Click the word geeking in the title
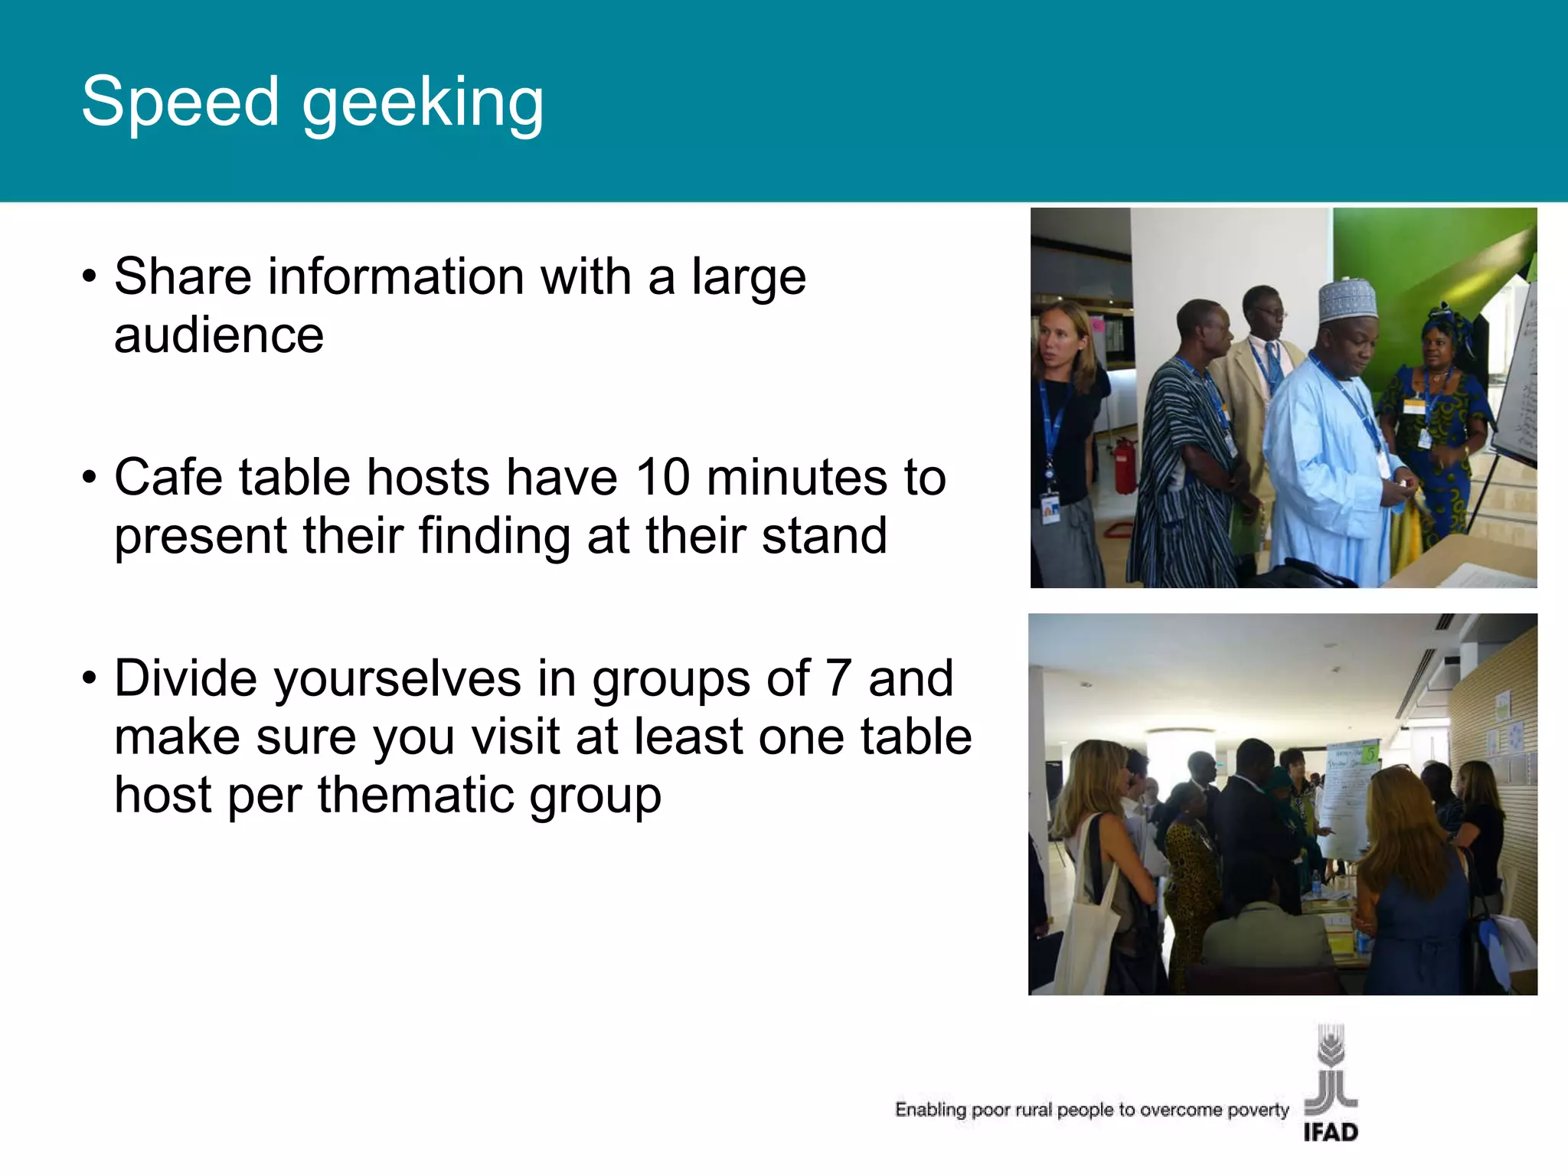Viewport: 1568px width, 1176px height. (x=423, y=104)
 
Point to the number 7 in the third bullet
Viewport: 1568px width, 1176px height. (x=838, y=678)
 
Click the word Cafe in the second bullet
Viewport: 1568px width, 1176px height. (x=169, y=477)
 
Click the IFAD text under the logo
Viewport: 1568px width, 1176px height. (x=1331, y=1132)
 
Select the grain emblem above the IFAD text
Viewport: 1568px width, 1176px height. (x=1331, y=1068)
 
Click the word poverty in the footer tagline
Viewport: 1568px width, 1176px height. (x=1257, y=1110)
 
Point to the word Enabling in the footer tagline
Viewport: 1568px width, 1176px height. (x=930, y=1110)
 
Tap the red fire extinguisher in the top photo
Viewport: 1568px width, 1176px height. (x=1123, y=464)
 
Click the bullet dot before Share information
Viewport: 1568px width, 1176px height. (x=90, y=277)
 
